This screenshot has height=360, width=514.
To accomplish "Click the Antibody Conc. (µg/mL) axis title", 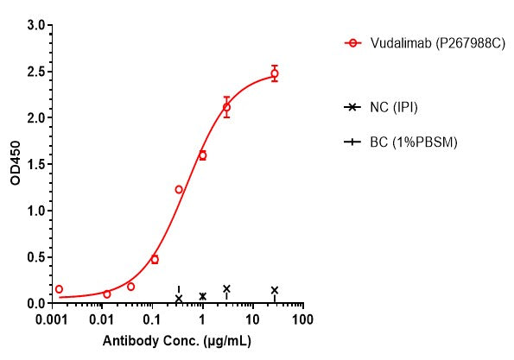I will click(x=177, y=342).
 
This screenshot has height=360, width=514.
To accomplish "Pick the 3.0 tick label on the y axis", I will click(x=35, y=25).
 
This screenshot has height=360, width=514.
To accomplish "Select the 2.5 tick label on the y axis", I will click(x=35, y=72).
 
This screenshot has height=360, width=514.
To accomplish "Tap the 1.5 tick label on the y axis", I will click(x=35, y=164).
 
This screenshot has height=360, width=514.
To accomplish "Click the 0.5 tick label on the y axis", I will click(x=35, y=257).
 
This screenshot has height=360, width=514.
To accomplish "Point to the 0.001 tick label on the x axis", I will click(x=54, y=319).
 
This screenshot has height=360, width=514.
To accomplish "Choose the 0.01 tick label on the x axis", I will click(x=104, y=319).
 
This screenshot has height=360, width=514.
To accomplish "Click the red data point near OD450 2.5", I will click(x=275, y=73).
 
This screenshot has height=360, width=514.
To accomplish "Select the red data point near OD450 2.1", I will click(x=227, y=108).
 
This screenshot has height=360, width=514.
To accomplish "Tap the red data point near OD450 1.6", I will click(x=203, y=155).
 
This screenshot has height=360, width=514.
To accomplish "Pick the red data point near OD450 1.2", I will click(x=179, y=189).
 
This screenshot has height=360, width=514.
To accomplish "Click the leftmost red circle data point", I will click(x=59, y=289).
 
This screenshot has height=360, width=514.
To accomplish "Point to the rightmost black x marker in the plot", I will click(x=275, y=290).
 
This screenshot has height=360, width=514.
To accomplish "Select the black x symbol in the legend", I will click(x=352, y=107).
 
